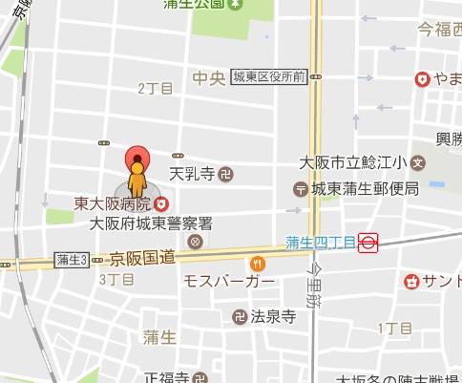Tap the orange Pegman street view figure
[138, 181]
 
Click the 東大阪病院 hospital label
[113, 203]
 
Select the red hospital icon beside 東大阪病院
[161, 202]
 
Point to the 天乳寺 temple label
[191, 174]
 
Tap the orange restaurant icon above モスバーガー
[257, 263]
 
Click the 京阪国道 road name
[142, 258]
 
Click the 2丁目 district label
[156, 88]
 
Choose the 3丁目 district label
[115, 279]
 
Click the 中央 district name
[207, 76]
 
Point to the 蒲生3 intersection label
[72, 260]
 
